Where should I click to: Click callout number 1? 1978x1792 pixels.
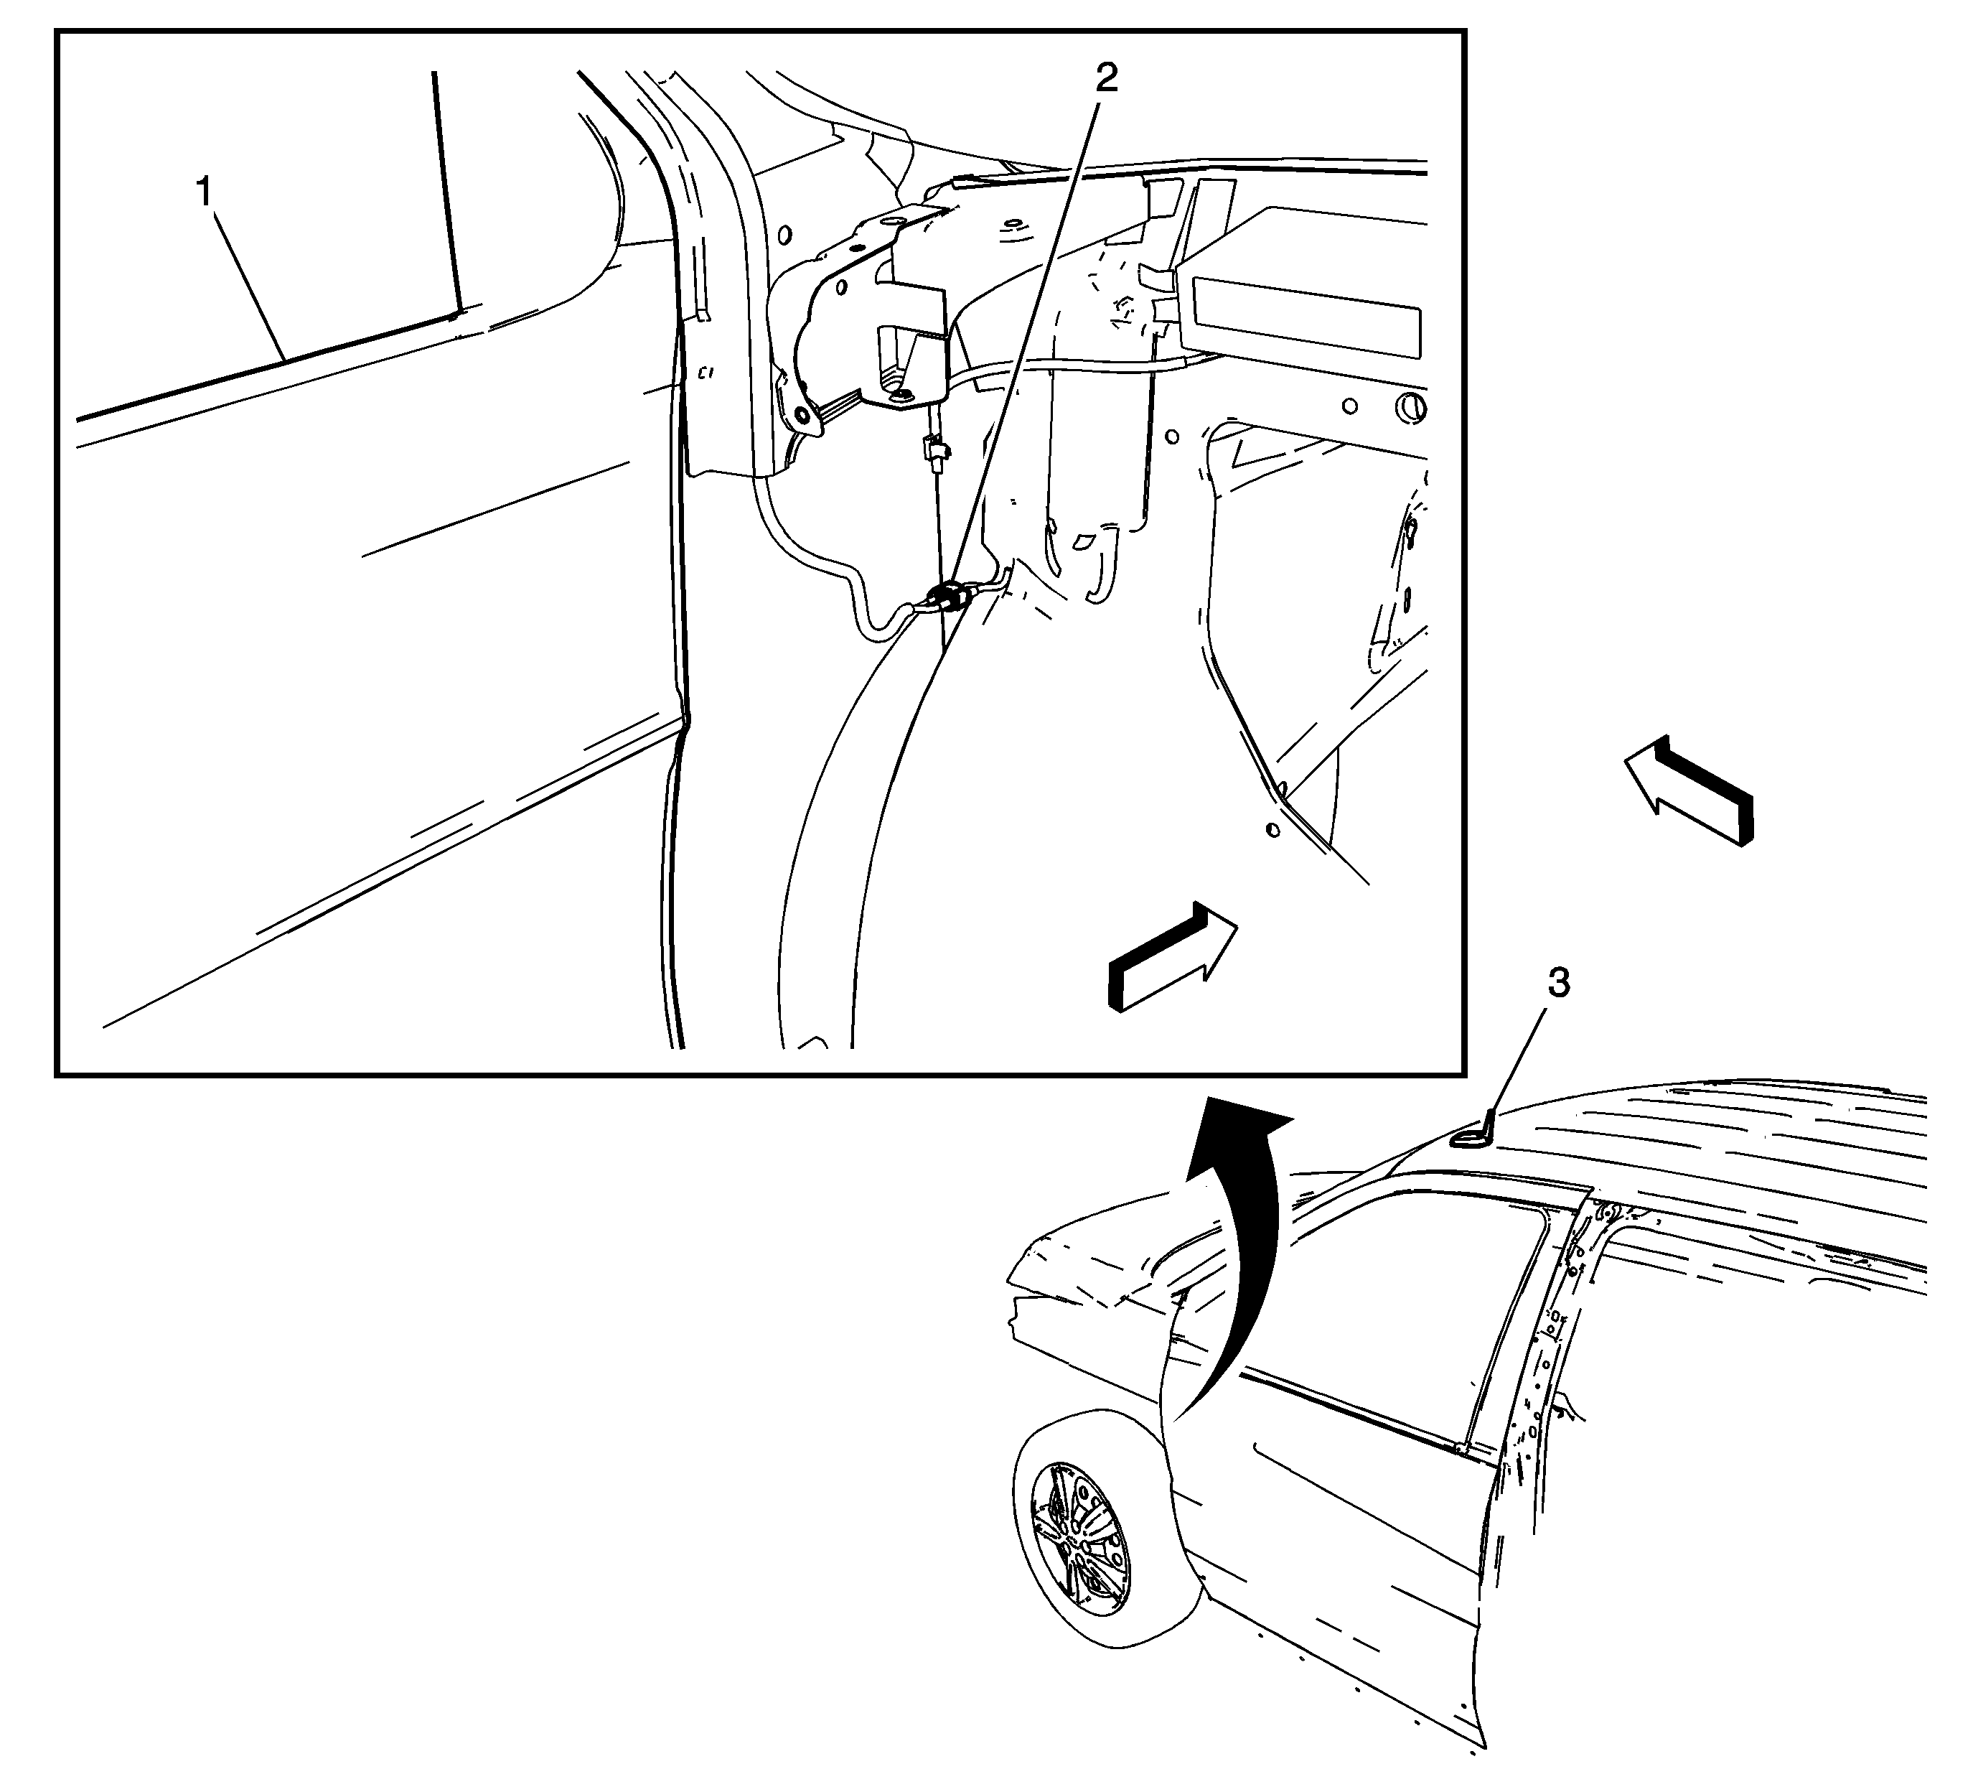(x=204, y=192)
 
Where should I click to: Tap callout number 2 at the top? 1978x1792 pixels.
(x=1106, y=78)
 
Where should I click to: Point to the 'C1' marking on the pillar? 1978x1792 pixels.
(x=705, y=373)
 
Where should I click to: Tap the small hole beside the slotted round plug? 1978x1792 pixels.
(x=1351, y=404)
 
